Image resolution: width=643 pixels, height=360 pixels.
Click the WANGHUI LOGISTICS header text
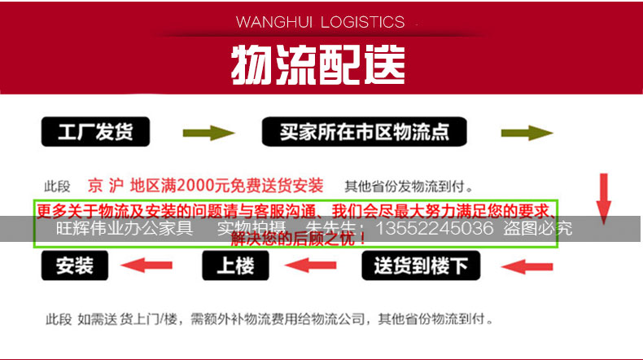(x=319, y=22)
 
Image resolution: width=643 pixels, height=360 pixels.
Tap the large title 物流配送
(x=318, y=64)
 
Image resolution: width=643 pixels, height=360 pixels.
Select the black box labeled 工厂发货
(x=94, y=133)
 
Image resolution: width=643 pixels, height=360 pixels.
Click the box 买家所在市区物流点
(x=365, y=132)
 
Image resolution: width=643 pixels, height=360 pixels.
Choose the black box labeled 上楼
(x=235, y=266)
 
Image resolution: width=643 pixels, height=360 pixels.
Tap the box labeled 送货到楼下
(x=420, y=266)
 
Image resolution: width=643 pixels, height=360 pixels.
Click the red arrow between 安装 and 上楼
(x=147, y=266)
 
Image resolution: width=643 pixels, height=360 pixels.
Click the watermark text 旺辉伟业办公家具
(x=124, y=229)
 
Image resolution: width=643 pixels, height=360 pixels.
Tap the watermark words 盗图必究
(x=537, y=229)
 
